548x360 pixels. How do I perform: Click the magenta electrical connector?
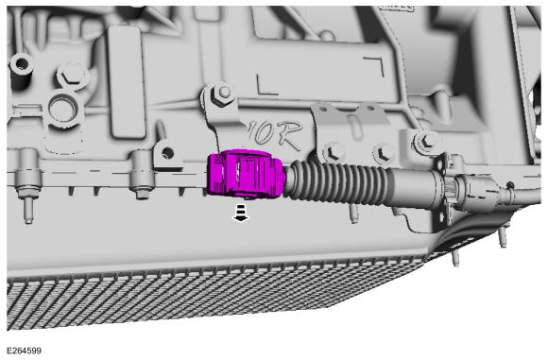(x=247, y=174)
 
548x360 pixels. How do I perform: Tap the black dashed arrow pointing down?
(x=241, y=214)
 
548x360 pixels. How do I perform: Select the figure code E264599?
(x=25, y=351)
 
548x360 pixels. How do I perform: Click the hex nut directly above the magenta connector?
(x=223, y=94)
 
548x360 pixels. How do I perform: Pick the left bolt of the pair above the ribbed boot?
(x=331, y=152)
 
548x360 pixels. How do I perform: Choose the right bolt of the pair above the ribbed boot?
(x=384, y=153)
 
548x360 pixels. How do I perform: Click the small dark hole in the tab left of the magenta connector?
(x=168, y=152)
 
